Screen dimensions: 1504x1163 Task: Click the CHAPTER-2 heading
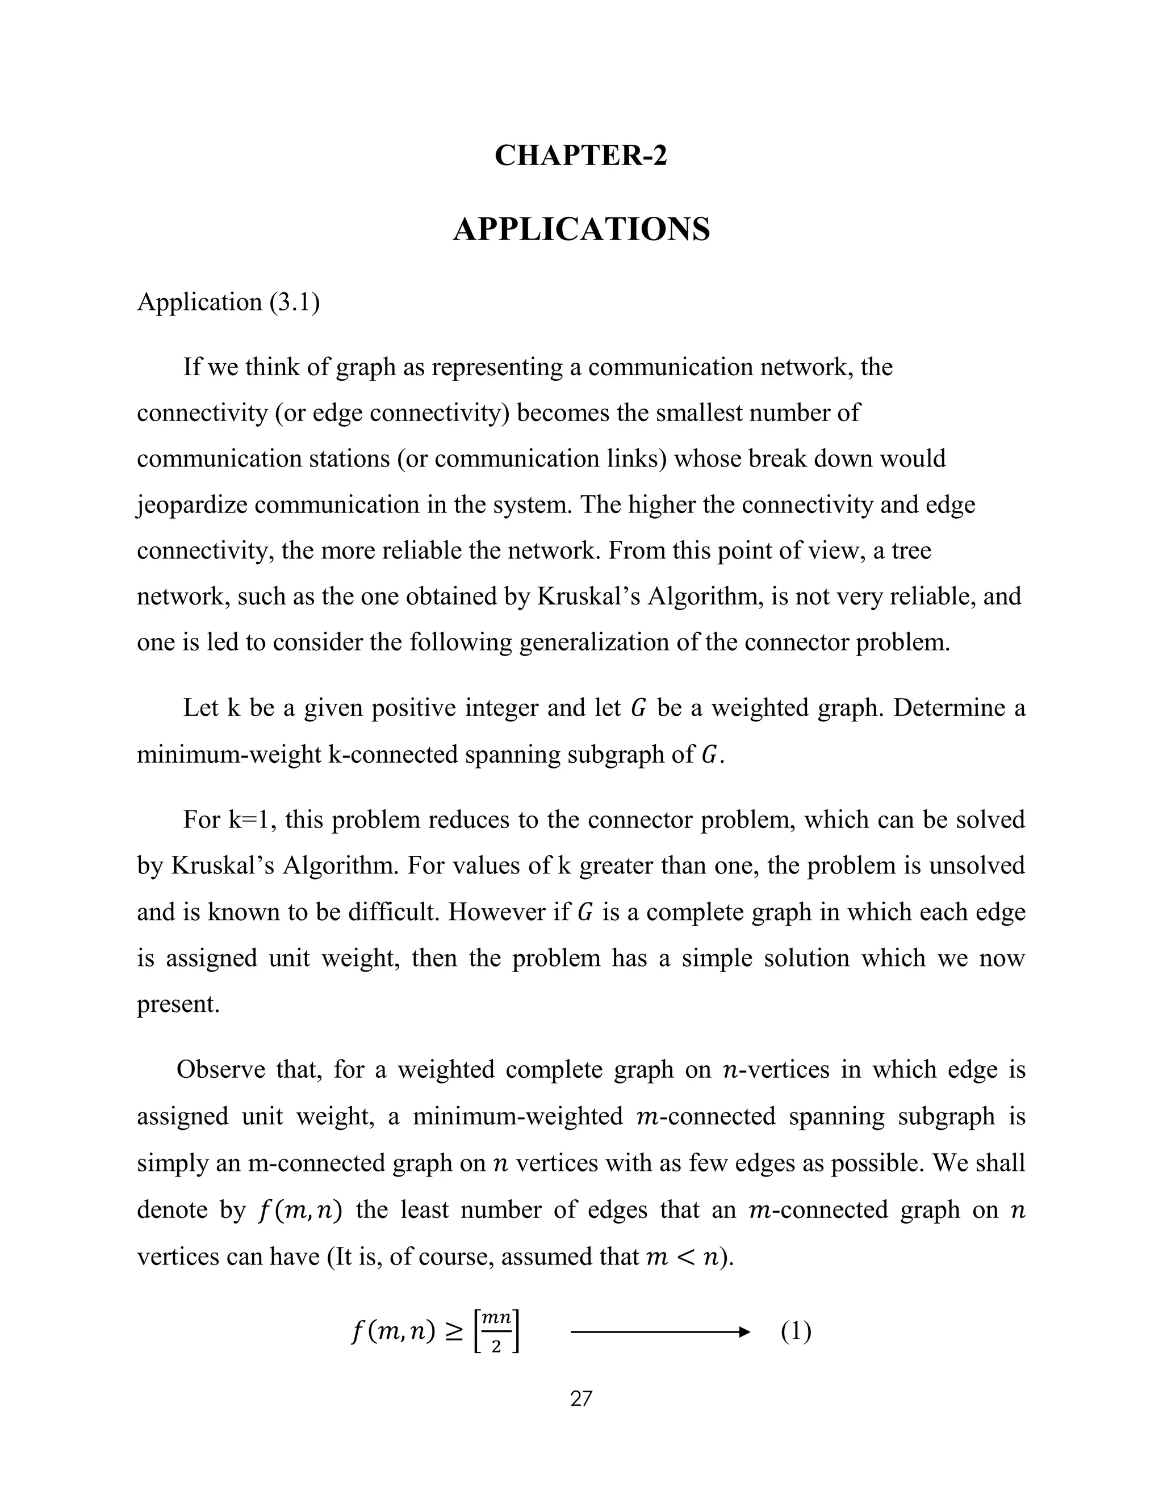(581, 156)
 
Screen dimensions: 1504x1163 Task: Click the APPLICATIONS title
(581, 229)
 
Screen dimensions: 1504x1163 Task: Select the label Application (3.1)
(228, 303)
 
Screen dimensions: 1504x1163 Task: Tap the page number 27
(581, 1398)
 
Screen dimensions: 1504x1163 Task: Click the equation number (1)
(796, 1332)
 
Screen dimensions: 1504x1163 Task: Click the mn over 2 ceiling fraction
(496, 1333)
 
